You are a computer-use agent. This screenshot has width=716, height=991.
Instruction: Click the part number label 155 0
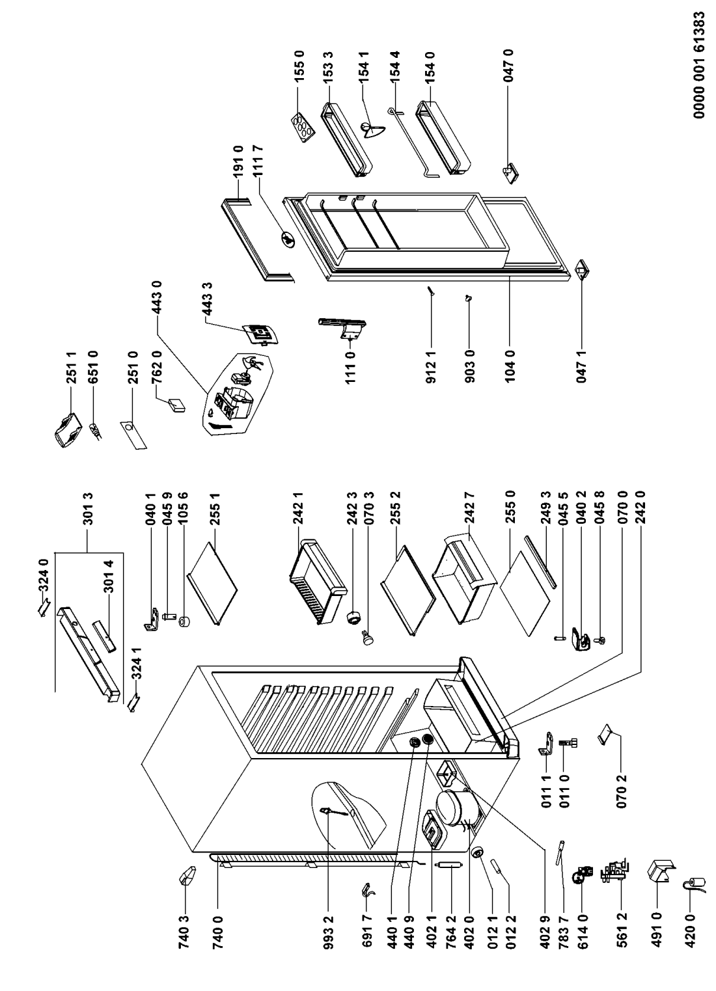tap(299, 66)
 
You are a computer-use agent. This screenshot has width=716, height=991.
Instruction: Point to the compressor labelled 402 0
tap(454, 806)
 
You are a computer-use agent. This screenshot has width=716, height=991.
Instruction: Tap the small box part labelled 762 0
tap(176, 405)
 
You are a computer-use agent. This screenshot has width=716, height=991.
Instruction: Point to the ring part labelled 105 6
tap(184, 621)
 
